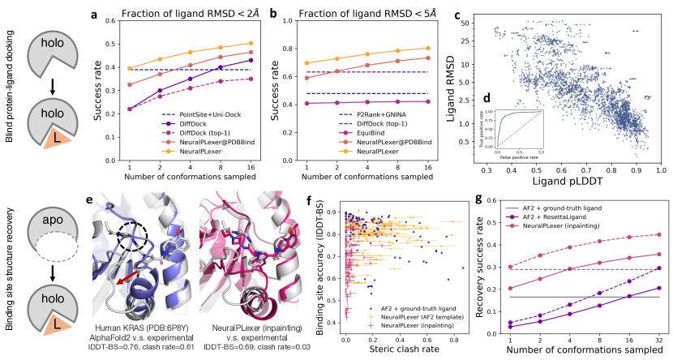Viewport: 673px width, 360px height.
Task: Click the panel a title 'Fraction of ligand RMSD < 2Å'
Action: click(187, 13)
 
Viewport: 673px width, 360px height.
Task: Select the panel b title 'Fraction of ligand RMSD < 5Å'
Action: click(371, 13)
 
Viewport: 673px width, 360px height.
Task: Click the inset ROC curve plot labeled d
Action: click(522, 128)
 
